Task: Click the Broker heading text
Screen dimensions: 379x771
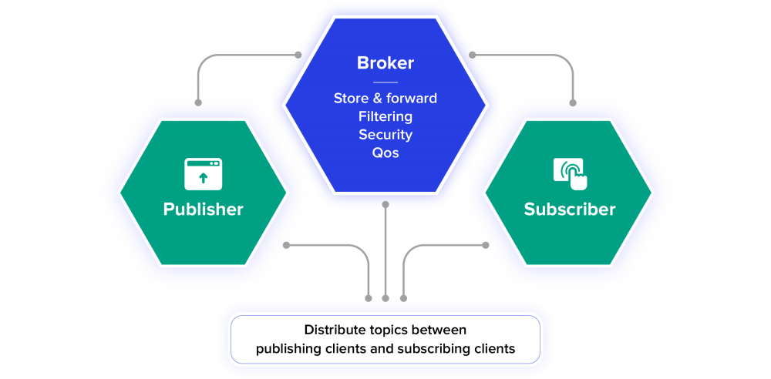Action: tap(385, 63)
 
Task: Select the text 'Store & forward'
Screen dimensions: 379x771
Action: tap(385, 99)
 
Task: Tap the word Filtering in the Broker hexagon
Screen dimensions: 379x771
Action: tap(385, 116)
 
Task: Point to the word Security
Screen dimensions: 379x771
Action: tap(385, 135)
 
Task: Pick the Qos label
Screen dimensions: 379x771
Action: tap(385, 153)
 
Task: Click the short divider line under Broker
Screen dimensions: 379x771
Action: tap(385, 82)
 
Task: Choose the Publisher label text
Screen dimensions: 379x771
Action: tap(203, 209)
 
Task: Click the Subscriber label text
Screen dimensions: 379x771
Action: tap(570, 209)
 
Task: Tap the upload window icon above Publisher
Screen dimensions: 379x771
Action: tap(203, 174)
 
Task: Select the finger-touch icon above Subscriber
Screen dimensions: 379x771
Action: tap(570, 173)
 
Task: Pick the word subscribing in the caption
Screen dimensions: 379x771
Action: tap(432, 349)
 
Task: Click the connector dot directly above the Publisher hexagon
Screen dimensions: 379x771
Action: tap(198, 102)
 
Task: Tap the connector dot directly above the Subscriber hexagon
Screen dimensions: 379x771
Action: tap(573, 102)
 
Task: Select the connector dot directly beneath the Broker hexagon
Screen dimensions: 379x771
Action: tap(385, 205)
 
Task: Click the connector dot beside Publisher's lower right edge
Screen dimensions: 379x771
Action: tap(286, 246)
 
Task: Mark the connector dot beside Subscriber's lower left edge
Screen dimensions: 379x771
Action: tap(486, 246)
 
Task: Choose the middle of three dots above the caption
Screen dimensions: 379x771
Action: tap(385, 297)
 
